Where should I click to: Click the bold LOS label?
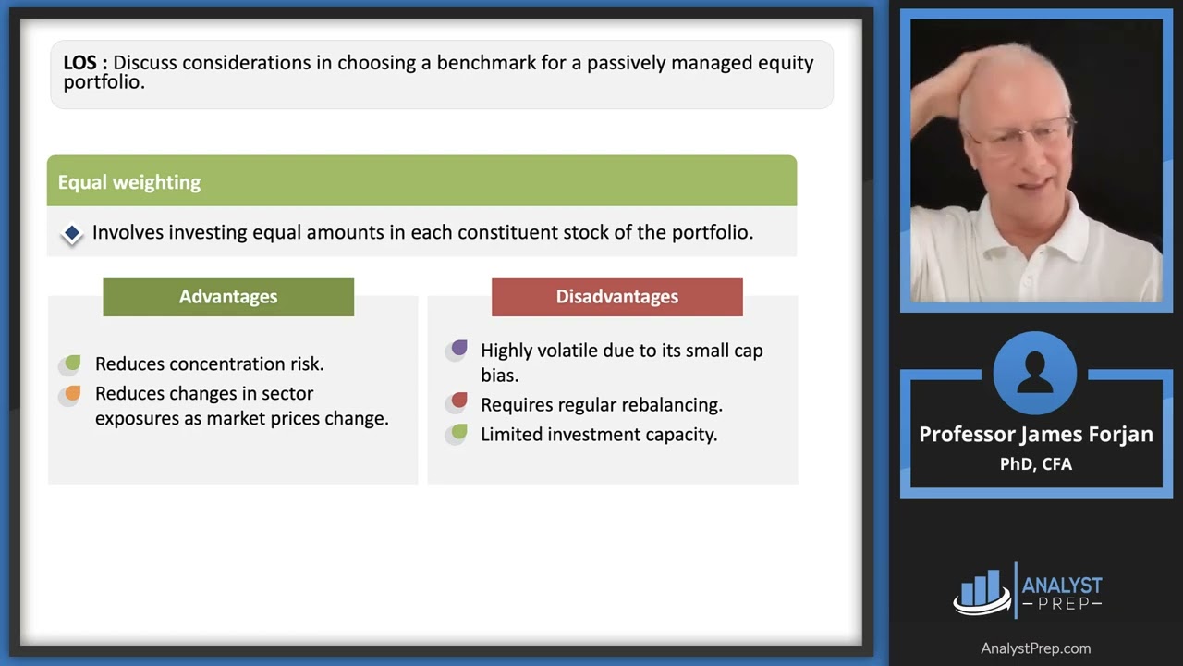coord(85,64)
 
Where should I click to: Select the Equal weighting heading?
coord(128,182)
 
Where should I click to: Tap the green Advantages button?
coord(228,297)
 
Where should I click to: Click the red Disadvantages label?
coord(616,297)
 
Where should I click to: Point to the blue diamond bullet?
coord(72,234)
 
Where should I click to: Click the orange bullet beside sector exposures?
coord(71,394)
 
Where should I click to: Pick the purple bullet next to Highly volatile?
coord(457,350)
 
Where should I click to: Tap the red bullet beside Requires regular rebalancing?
coord(457,402)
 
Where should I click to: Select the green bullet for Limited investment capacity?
coord(457,433)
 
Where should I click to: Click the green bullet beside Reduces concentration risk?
coord(71,364)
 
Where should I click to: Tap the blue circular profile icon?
coord(1034,374)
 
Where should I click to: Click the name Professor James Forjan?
coord(1035,435)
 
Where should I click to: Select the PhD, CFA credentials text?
coord(1035,464)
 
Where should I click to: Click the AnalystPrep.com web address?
coord(1035,648)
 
